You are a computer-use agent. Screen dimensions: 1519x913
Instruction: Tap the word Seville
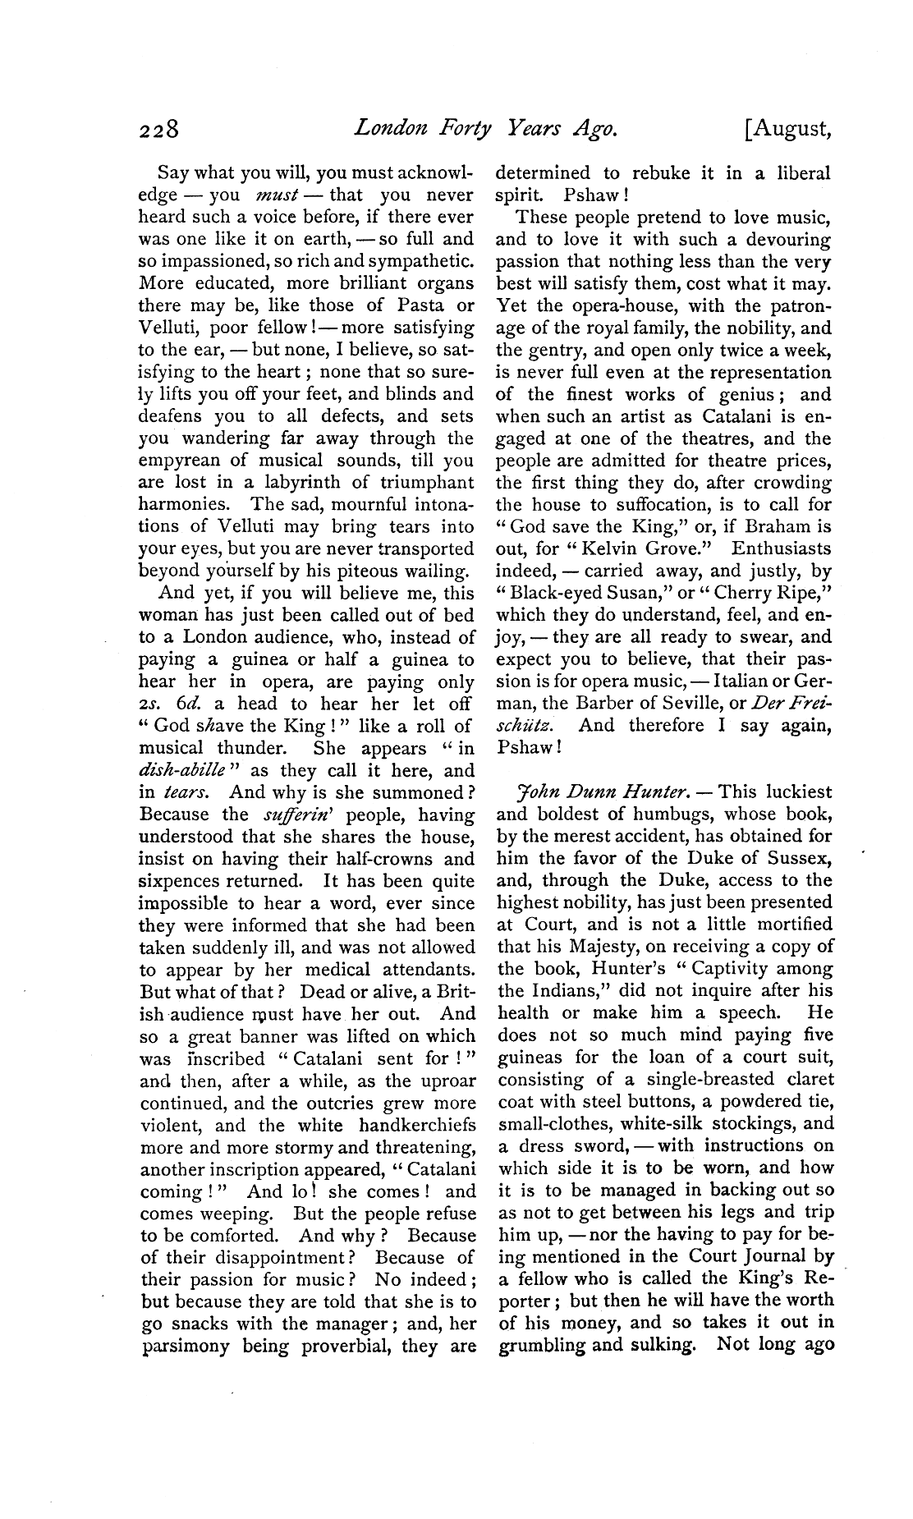pos(685,704)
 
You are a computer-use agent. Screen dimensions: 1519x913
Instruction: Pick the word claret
pos(803,1080)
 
